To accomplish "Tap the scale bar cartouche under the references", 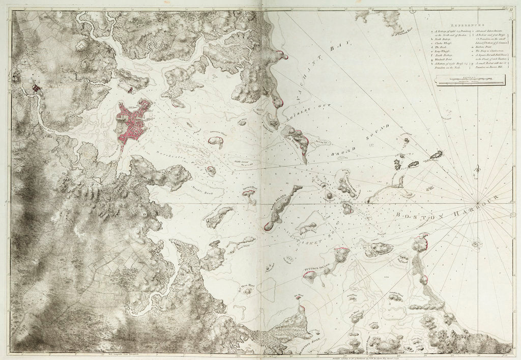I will click(x=470, y=79).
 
